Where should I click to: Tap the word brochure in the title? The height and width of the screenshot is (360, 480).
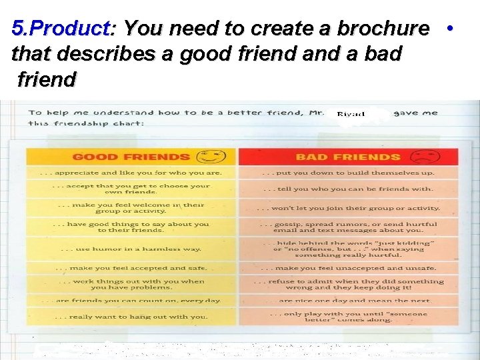(387, 29)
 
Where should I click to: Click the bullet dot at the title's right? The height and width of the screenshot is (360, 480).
(451, 29)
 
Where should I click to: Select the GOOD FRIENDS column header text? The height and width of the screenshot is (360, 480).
(131, 157)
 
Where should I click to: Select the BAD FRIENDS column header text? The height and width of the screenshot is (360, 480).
(348, 157)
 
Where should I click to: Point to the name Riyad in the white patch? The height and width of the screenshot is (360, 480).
(351, 114)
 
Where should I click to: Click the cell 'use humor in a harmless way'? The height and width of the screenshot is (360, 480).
(131, 249)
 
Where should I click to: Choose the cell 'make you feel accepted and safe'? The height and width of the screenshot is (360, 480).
(131, 268)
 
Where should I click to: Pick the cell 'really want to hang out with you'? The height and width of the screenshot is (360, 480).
(131, 317)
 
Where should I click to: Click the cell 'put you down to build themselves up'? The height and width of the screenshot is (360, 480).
(348, 173)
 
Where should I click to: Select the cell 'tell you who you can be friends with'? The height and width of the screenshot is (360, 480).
(348, 189)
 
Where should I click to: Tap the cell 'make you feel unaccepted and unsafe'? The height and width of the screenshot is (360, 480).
(348, 268)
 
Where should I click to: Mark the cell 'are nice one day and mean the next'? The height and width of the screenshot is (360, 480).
(348, 301)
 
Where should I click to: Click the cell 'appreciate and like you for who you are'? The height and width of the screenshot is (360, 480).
(131, 173)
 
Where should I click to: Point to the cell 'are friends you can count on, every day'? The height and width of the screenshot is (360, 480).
(131, 301)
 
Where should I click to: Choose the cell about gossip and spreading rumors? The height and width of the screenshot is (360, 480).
(348, 228)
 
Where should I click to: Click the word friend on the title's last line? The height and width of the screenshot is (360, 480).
(46, 80)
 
